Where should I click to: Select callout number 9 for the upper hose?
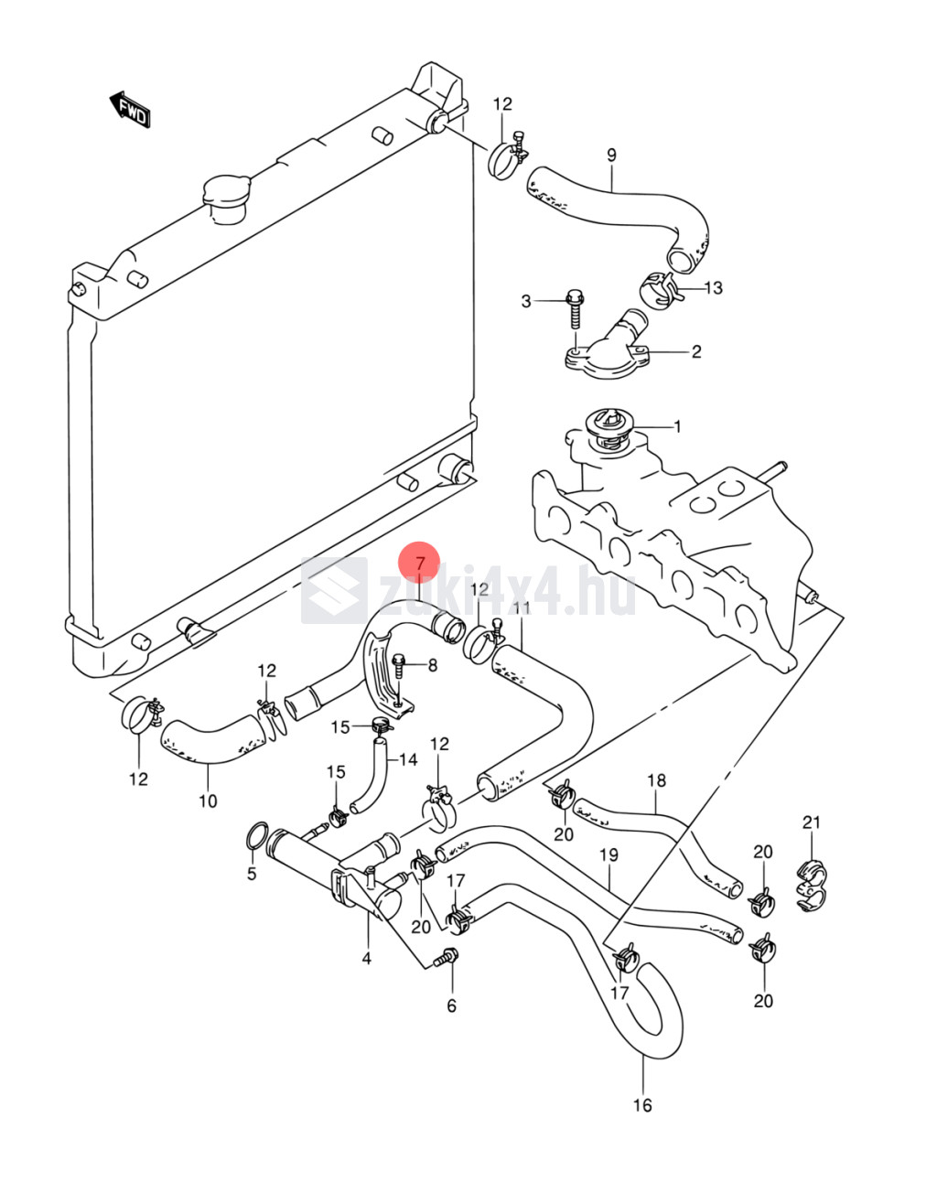point(611,156)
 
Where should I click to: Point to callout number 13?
point(713,287)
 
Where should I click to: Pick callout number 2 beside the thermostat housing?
point(695,351)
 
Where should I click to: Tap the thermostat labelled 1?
point(605,425)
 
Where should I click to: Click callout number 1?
point(677,426)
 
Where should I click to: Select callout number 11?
point(522,607)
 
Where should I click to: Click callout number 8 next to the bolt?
point(432,665)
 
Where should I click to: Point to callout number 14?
point(407,759)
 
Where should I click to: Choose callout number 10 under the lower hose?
point(208,801)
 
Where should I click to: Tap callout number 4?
point(366,958)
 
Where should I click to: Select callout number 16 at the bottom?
point(642,1104)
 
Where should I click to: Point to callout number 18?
point(656,780)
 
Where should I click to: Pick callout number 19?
point(609,854)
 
